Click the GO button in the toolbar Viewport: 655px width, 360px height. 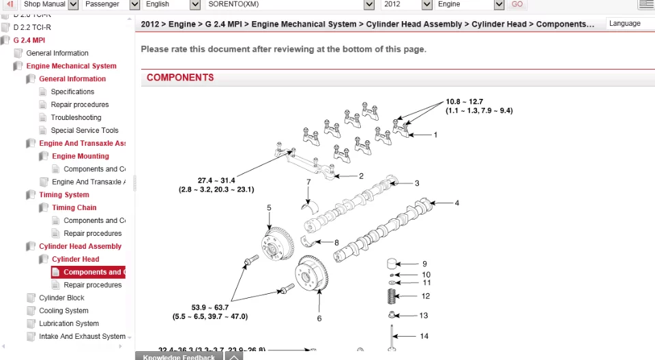click(x=517, y=4)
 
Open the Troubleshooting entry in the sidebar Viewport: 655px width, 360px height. click(x=76, y=117)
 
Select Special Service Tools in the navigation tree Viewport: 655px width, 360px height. click(x=84, y=130)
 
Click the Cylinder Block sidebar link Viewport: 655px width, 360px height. click(x=61, y=298)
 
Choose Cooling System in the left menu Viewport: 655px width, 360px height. click(x=63, y=311)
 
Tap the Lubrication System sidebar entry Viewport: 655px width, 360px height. click(x=68, y=324)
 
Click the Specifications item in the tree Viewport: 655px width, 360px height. click(x=72, y=91)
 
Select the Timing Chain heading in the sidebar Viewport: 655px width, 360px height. click(x=74, y=208)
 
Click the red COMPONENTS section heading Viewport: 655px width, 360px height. click(x=180, y=78)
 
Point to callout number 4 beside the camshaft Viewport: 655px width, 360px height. click(x=457, y=202)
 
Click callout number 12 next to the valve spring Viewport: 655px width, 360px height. click(x=426, y=296)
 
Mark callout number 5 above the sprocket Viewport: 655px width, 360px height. click(x=269, y=208)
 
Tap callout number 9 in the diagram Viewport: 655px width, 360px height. click(x=424, y=264)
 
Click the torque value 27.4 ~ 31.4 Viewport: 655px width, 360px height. click(x=216, y=181)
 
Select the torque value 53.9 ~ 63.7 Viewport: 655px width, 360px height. click(x=210, y=307)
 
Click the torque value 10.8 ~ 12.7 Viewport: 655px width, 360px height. click(x=464, y=102)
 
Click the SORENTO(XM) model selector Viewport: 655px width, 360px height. click(x=290, y=4)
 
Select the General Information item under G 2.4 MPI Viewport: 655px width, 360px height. click(x=57, y=53)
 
